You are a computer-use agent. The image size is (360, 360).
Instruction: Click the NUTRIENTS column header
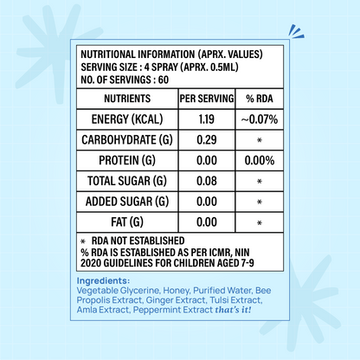tap(127, 99)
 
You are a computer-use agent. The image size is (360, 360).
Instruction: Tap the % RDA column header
tap(260, 99)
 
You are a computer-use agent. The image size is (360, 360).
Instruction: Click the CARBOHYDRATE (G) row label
tap(127, 140)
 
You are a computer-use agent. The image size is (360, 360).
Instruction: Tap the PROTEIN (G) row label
tap(127, 161)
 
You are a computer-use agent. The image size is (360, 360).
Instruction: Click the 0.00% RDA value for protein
tap(260, 161)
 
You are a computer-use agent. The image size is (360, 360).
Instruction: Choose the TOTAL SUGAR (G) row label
tap(127, 182)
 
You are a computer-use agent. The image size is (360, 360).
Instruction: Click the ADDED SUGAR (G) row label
tap(127, 202)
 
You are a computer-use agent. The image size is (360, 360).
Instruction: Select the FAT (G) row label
tap(127, 222)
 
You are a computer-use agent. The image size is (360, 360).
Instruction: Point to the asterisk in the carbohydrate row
tap(260, 141)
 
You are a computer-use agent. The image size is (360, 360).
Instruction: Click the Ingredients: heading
tap(103, 281)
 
